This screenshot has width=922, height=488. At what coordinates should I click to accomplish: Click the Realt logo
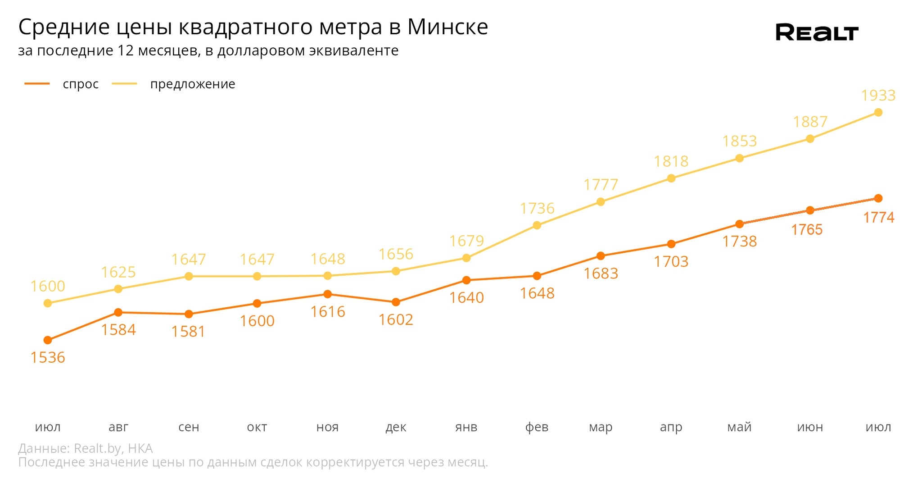pos(817,32)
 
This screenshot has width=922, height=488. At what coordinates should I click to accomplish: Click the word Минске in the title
pos(447,27)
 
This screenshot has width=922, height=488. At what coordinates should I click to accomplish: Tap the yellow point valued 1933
pos(878,112)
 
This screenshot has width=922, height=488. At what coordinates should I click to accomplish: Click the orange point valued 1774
pos(878,198)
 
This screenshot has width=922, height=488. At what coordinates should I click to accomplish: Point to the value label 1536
pos(48,358)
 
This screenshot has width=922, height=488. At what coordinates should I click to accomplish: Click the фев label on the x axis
pos(537,427)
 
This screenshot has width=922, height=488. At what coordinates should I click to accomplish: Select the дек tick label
pos(396,427)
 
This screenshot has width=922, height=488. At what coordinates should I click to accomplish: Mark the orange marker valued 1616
pos(328,294)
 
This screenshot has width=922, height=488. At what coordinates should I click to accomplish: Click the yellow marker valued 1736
pos(537,225)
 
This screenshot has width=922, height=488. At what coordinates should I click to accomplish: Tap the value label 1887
pos(810,122)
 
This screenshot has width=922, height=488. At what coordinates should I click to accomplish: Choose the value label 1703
pos(671,262)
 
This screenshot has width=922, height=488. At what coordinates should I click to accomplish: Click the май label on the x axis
pos(739,427)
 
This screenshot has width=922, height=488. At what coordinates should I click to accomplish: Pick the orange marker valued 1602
pos(396,302)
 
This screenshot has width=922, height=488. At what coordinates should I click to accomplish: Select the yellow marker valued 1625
pos(118,289)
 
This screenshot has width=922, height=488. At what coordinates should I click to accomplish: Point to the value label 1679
pos(466,242)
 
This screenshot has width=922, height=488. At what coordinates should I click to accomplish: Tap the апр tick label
pos(671,427)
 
